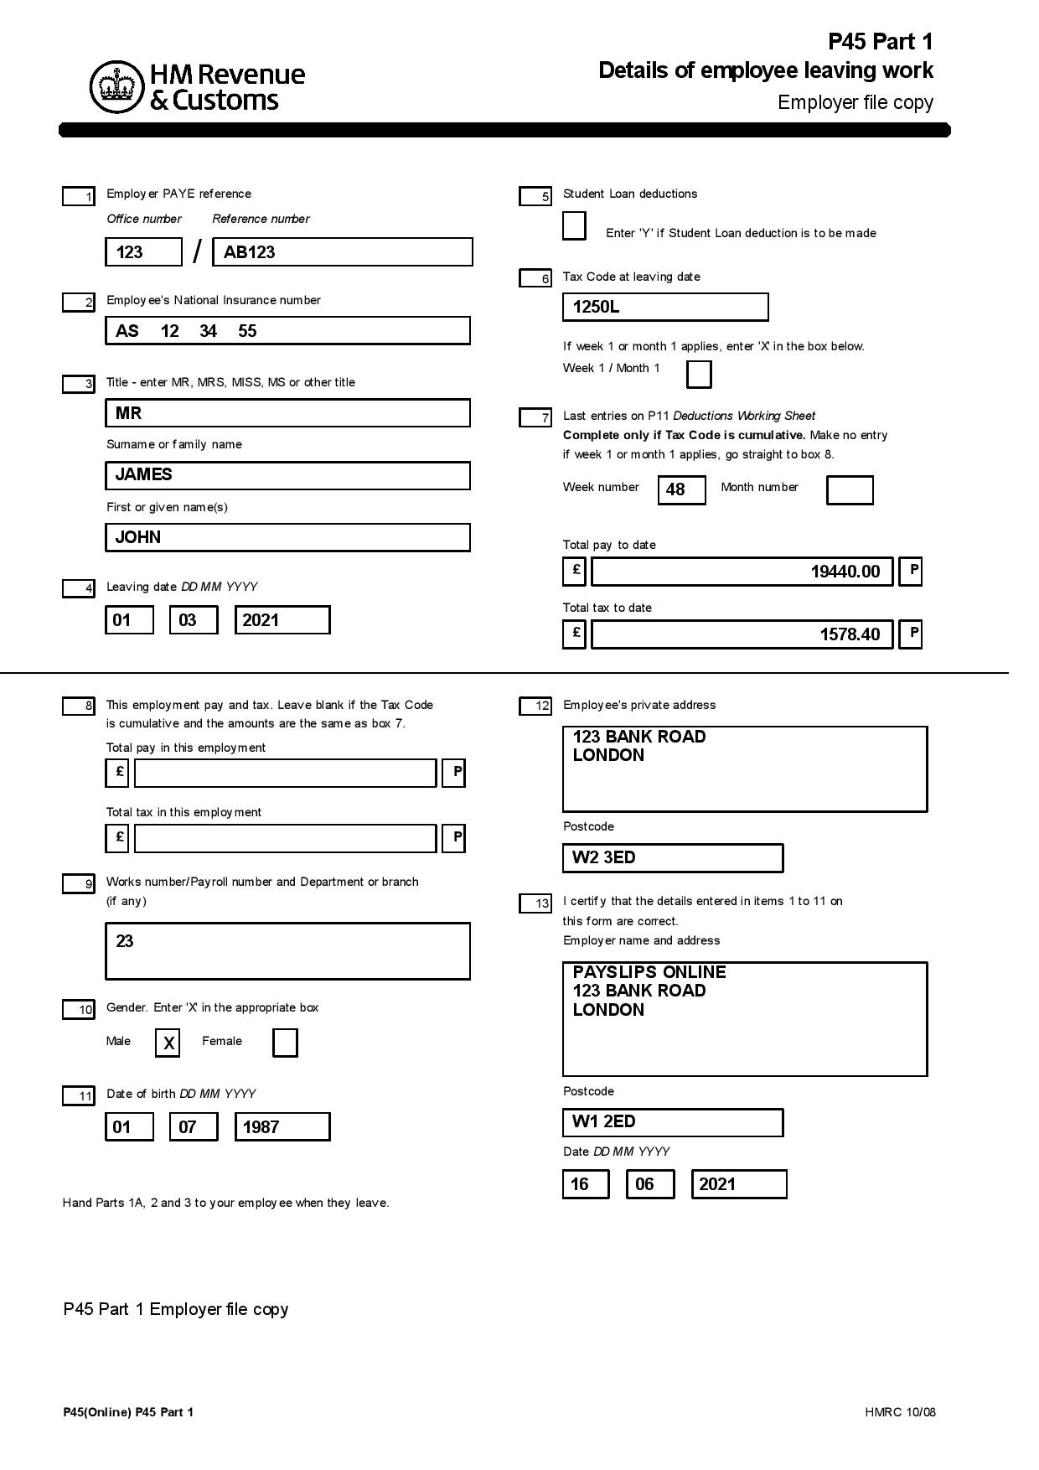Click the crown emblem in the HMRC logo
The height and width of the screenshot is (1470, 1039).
[117, 86]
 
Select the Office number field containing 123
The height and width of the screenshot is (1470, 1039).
[143, 252]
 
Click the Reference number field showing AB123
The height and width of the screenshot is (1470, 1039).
[343, 252]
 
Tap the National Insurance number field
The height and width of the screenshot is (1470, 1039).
[287, 331]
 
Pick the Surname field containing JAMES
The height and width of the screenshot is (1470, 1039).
[287, 475]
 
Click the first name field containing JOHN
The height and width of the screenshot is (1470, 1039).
[287, 537]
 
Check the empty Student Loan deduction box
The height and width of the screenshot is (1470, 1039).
[574, 226]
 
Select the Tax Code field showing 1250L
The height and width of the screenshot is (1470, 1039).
[665, 307]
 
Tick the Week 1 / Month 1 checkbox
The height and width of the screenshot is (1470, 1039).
[699, 374]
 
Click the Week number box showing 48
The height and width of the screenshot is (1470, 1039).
[681, 489]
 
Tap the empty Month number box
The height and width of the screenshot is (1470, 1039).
[850, 489]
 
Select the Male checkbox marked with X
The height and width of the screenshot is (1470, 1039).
[168, 1043]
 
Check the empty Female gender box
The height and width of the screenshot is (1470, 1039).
[285, 1043]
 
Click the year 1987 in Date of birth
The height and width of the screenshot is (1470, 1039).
[282, 1127]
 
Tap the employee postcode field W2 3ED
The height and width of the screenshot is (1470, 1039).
[672, 857]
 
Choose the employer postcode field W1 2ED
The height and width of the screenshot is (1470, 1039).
[672, 1122]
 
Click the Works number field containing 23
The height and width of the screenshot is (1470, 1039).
[287, 950]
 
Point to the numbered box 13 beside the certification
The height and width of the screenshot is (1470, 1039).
[535, 903]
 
